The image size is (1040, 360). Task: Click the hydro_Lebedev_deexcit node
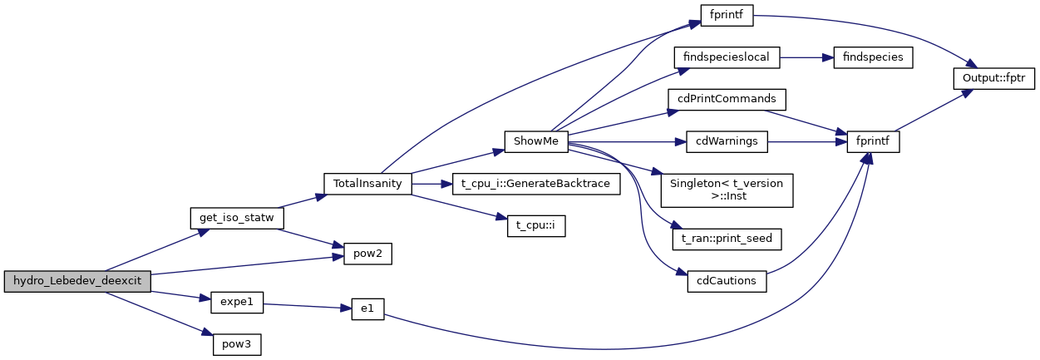77,281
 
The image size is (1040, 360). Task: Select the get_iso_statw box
238,218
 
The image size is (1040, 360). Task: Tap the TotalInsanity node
367,183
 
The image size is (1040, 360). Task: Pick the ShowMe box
535,141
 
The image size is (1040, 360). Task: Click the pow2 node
362,253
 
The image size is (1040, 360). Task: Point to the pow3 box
236,343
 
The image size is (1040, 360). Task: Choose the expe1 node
236,303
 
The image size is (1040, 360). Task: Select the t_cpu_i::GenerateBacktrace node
535,183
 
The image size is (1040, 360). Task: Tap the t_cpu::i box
535,225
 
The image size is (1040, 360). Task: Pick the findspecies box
868,57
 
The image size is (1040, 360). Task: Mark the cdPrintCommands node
727,98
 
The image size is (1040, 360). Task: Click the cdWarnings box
727,141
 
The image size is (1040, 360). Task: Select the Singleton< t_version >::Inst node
727,190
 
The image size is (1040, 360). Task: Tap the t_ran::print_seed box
727,239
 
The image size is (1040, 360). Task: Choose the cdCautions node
727,280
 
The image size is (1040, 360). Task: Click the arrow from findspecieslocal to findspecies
801,57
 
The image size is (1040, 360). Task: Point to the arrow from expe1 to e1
303,305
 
